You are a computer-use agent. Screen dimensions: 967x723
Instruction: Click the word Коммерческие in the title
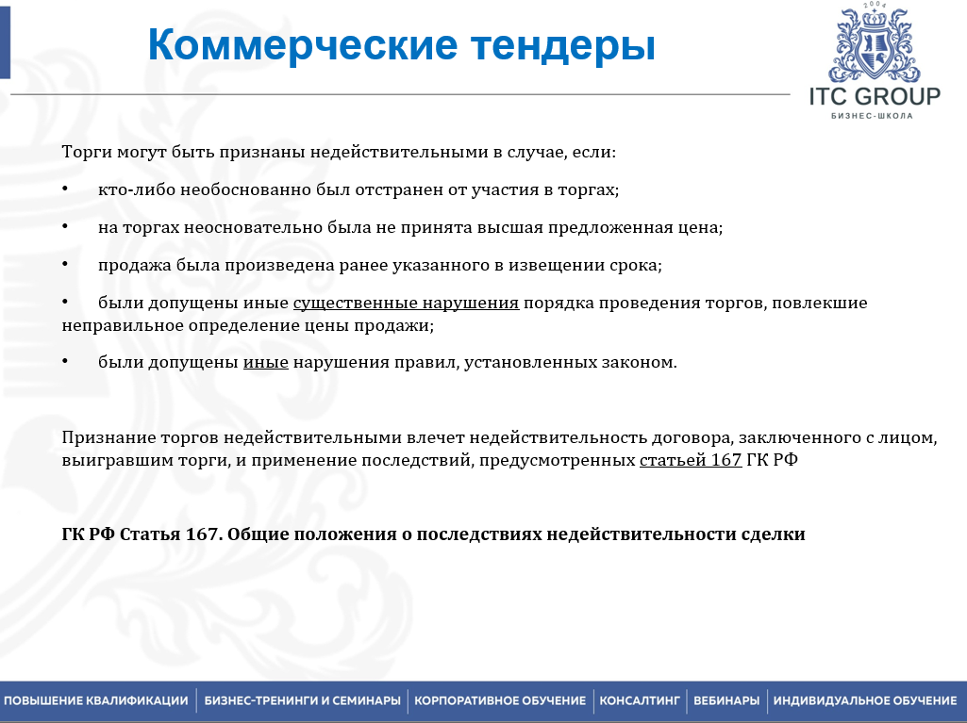click(x=303, y=45)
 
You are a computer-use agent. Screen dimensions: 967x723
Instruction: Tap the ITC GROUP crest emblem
click(x=874, y=43)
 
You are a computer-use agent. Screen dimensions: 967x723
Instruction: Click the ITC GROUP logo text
click(x=875, y=97)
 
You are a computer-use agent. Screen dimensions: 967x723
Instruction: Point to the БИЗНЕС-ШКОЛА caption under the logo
click(x=872, y=116)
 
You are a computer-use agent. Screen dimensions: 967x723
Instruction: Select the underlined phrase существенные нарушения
click(x=406, y=304)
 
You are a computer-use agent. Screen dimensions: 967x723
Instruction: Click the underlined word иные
click(x=266, y=362)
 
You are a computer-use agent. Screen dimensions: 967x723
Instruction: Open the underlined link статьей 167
click(x=691, y=460)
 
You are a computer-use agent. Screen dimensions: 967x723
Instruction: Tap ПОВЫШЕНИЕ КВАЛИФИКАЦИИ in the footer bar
click(x=95, y=700)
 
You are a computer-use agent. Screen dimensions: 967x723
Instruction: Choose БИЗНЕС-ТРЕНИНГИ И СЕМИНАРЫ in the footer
click(x=302, y=700)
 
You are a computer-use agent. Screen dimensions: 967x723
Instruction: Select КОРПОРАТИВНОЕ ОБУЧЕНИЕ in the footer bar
click(x=500, y=700)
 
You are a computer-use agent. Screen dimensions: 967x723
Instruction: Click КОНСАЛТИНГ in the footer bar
click(x=640, y=700)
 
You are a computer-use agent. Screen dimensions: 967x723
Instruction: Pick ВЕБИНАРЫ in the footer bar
click(x=726, y=700)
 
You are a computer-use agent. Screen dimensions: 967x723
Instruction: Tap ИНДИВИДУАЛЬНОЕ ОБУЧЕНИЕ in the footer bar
click(x=865, y=700)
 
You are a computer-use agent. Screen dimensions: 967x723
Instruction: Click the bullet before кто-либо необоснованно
click(x=65, y=188)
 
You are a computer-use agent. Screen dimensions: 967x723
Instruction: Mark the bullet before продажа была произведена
click(x=65, y=264)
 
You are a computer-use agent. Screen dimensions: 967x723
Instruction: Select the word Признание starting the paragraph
click(x=108, y=438)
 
